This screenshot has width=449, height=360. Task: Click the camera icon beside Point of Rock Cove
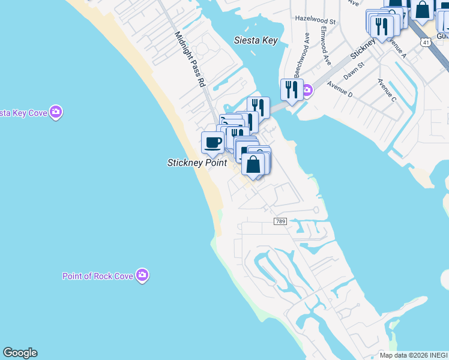[142, 275]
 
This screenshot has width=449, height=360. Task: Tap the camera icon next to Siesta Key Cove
[56, 112]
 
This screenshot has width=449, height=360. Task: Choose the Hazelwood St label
[315, 19]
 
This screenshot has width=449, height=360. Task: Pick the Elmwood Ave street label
[325, 46]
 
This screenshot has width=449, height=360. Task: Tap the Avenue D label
[340, 91]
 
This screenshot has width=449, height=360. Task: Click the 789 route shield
[280, 221]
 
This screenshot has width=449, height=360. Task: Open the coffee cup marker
[212, 143]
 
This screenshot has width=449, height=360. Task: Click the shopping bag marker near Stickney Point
[253, 164]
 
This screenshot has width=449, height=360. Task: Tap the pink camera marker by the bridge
[307, 91]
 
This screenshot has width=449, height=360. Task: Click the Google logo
[20, 353]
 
